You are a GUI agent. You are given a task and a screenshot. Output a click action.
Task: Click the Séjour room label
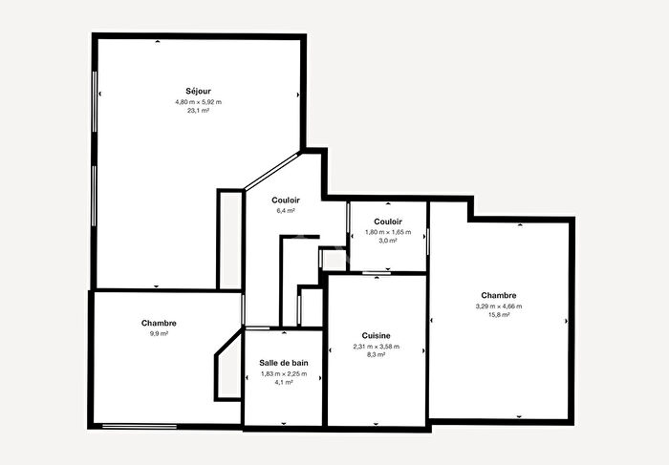(x=198, y=91)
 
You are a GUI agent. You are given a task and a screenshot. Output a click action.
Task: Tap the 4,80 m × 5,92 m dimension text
(x=198, y=101)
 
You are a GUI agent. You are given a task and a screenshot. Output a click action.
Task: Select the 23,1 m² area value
(x=198, y=111)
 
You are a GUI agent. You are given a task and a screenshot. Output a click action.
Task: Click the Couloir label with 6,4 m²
(x=286, y=200)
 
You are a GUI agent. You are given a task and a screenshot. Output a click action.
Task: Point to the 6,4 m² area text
(x=286, y=210)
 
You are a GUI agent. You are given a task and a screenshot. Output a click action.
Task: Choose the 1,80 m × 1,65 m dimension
(x=387, y=232)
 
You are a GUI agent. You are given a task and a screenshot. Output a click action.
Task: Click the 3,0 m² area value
(x=387, y=242)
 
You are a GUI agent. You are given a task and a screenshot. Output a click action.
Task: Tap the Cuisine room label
(x=376, y=335)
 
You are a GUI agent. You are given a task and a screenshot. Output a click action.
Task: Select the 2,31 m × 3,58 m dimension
(x=376, y=346)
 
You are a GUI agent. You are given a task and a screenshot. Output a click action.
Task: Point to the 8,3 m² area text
(x=376, y=355)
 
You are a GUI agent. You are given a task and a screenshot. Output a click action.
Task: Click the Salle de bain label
(x=285, y=363)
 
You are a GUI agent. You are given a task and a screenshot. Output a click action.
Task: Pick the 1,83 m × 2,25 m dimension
(x=285, y=373)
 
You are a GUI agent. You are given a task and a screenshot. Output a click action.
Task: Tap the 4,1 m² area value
(x=285, y=383)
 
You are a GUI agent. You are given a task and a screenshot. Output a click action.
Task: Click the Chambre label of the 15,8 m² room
(x=499, y=295)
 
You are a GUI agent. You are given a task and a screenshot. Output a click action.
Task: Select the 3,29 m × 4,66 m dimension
(x=499, y=306)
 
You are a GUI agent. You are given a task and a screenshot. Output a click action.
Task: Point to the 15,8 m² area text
(x=499, y=315)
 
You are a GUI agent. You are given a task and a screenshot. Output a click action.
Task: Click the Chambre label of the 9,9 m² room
(x=159, y=323)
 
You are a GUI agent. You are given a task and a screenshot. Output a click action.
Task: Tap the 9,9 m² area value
(x=159, y=333)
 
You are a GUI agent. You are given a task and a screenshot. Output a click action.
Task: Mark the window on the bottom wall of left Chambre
(x=140, y=425)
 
